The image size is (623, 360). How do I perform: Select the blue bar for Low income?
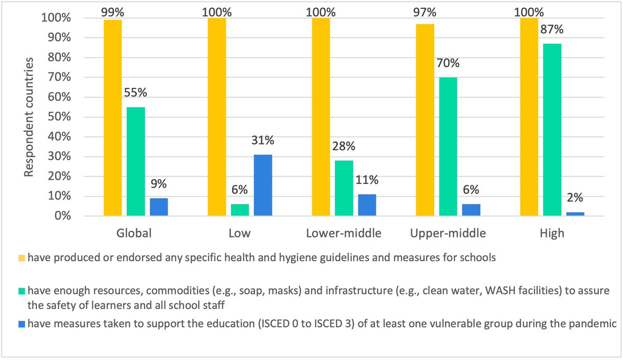tap(263, 185)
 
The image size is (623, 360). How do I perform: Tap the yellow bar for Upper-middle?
tap(425, 119)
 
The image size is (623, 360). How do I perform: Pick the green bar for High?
tap(552, 130)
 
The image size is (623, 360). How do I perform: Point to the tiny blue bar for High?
tap(575, 214)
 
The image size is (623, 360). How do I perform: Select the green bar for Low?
tap(240, 210)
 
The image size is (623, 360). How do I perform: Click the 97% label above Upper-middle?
tap(425, 11)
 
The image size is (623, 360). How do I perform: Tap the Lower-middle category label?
tap(344, 233)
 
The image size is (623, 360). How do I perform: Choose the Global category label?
tap(133, 233)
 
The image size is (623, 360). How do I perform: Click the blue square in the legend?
tap(22, 323)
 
